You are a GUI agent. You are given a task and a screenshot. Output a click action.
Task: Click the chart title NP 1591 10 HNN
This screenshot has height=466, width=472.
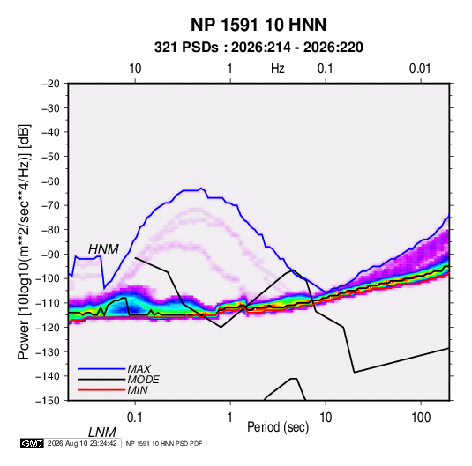258,25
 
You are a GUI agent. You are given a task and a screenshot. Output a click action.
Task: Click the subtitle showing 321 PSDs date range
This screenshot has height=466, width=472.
258,48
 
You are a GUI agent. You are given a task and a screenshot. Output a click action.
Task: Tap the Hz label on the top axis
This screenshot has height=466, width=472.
278,69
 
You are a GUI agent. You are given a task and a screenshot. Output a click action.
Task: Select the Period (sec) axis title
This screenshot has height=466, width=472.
278,427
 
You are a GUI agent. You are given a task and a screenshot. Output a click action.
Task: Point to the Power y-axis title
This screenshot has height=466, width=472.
24,241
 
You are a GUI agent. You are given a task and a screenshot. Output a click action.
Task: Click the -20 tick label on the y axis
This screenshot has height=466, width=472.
50,84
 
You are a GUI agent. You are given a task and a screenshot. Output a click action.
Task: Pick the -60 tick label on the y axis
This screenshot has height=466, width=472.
50,181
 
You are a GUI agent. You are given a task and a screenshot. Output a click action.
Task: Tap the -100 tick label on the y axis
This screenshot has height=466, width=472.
48,278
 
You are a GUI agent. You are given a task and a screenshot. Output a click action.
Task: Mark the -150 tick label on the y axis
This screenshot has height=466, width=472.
48,401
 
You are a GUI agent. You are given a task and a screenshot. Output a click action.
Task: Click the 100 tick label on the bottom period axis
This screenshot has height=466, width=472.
421,418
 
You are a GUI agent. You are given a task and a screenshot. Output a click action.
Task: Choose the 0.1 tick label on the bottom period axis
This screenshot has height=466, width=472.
135,418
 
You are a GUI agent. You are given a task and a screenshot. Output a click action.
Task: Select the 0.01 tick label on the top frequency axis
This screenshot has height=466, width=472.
420,69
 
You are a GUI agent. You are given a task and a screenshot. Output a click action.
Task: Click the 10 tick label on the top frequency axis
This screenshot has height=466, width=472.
135,69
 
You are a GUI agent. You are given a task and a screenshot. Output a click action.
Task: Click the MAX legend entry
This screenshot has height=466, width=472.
139,369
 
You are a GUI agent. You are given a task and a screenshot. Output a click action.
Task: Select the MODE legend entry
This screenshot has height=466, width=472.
143,380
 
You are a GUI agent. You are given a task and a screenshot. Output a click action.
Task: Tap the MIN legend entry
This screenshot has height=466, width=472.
138,390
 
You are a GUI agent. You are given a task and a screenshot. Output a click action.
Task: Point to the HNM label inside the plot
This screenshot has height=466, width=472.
103,249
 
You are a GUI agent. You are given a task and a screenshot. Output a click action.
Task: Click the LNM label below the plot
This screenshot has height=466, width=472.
101,433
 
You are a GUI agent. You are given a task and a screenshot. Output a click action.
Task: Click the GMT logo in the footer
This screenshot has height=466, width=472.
32,443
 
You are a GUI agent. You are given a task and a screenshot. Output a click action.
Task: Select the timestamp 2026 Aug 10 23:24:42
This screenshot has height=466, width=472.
82,443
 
